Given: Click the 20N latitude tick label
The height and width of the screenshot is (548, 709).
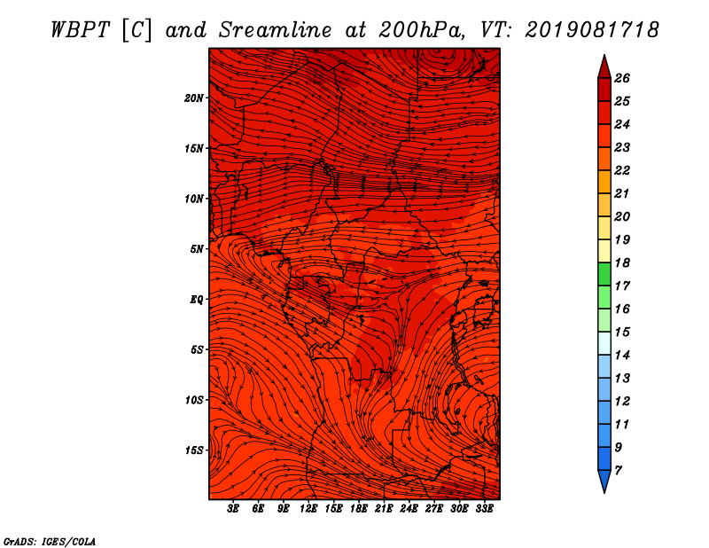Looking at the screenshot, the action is click(194, 98).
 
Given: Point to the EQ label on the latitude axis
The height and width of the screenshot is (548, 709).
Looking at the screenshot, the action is click(196, 300).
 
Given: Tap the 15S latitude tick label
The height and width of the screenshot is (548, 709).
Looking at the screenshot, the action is click(194, 450).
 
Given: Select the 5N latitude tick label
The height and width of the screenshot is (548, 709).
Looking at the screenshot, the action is click(196, 249).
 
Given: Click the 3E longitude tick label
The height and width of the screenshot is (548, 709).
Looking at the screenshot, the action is click(233, 509).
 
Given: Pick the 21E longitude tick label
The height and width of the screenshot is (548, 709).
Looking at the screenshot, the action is click(384, 509).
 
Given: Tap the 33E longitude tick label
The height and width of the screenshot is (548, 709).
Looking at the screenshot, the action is click(484, 509).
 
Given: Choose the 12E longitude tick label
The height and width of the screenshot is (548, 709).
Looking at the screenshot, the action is click(308, 509).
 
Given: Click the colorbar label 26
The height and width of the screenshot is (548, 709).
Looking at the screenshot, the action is click(622, 78).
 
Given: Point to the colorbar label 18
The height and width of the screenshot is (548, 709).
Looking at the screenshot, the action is click(622, 262).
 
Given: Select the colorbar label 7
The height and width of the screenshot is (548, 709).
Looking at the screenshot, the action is click(618, 471).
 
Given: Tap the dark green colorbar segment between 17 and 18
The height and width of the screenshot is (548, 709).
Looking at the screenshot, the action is click(604, 274).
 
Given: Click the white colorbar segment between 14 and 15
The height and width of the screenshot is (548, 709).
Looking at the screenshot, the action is click(604, 343).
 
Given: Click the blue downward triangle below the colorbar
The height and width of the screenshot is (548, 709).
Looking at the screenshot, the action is click(604, 480).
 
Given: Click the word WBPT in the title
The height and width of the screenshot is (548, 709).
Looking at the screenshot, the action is click(80, 30).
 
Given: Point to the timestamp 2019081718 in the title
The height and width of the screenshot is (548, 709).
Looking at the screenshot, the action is click(592, 30).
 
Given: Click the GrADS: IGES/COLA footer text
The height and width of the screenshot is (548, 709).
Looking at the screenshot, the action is click(50, 542).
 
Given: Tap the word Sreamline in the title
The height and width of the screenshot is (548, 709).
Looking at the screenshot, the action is click(275, 30).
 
